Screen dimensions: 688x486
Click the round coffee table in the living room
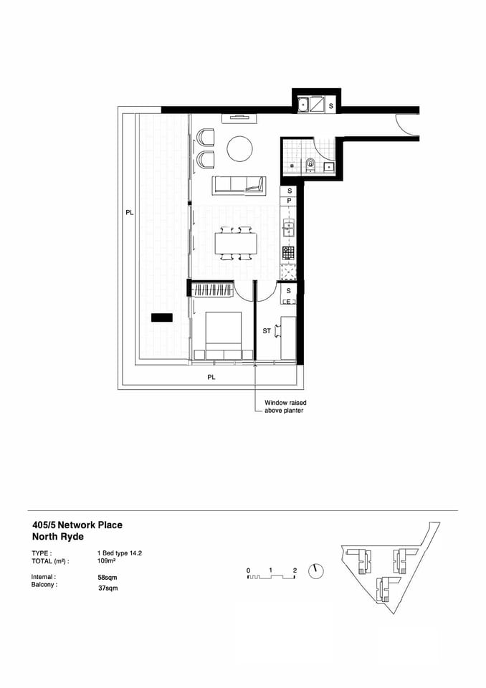pyautogui.click(x=239, y=150)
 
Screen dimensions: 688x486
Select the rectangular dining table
pyautogui.click(x=236, y=244)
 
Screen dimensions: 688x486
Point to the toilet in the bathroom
pyautogui.click(x=310, y=164)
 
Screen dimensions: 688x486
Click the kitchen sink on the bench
pyautogui.click(x=289, y=229)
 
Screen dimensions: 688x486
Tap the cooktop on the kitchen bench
pyautogui.click(x=288, y=252)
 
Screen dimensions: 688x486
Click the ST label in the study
pyautogui.click(x=267, y=330)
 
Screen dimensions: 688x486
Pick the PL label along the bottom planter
pyautogui.click(x=211, y=376)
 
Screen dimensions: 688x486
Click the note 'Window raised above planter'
pyautogui.click(x=285, y=406)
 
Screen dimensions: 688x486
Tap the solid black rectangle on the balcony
pyautogui.click(x=161, y=317)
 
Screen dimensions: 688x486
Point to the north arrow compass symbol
pyautogui.click(x=316, y=571)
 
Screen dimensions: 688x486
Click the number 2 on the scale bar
pyautogui.click(x=295, y=570)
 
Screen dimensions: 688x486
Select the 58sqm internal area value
pyautogui.click(x=108, y=576)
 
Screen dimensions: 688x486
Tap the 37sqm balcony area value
pyautogui.click(x=108, y=588)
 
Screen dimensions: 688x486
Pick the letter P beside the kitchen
pyautogui.click(x=289, y=201)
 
